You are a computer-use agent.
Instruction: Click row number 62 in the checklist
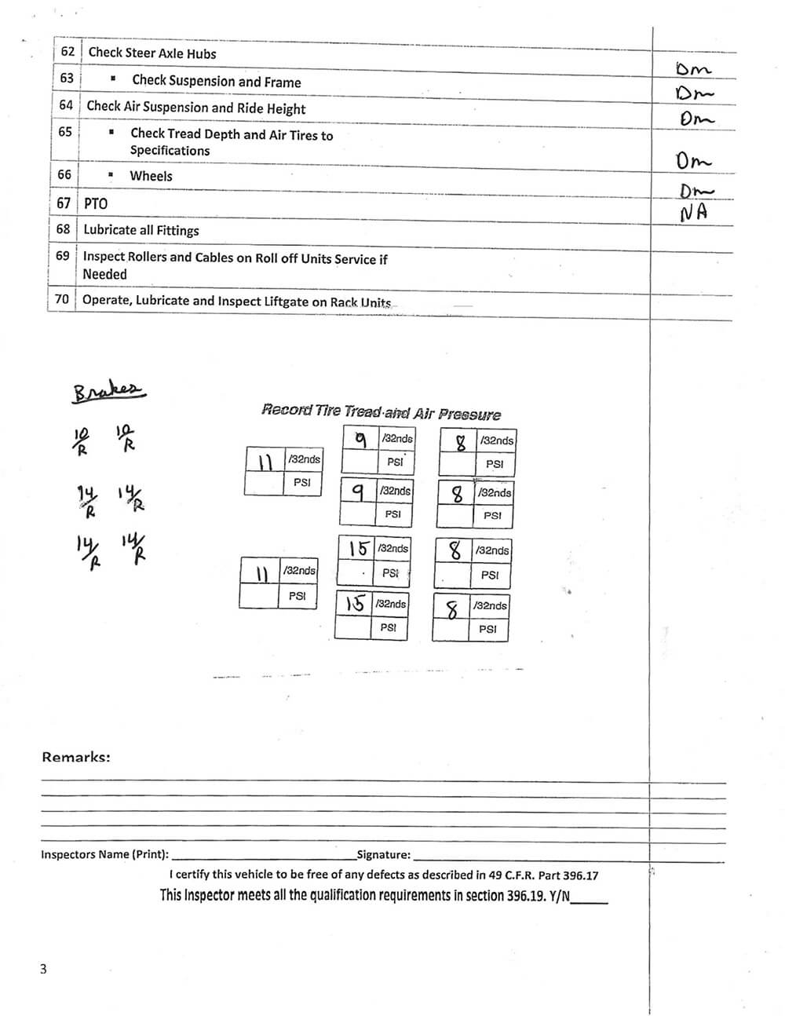[68, 52]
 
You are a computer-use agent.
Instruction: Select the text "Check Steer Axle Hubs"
[152, 53]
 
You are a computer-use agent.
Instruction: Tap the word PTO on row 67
[96, 203]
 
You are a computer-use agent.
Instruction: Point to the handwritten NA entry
[693, 212]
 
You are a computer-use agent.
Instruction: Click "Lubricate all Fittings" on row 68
[141, 230]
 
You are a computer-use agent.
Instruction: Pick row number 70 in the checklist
[61, 299]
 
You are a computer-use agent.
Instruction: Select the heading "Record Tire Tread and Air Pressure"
[381, 411]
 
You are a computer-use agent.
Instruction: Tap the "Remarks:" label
[75, 757]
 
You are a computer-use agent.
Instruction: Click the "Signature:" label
[383, 854]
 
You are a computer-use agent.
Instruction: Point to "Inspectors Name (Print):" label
[104, 854]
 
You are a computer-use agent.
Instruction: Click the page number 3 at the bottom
[43, 969]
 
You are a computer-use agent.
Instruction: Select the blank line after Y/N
[590, 900]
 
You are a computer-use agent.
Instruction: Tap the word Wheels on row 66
[151, 176]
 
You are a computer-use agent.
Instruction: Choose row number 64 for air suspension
[66, 105]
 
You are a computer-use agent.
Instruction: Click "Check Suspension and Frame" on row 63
[217, 81]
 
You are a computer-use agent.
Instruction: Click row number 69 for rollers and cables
[62, 256]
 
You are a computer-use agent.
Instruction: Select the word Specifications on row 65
[170, 150]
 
